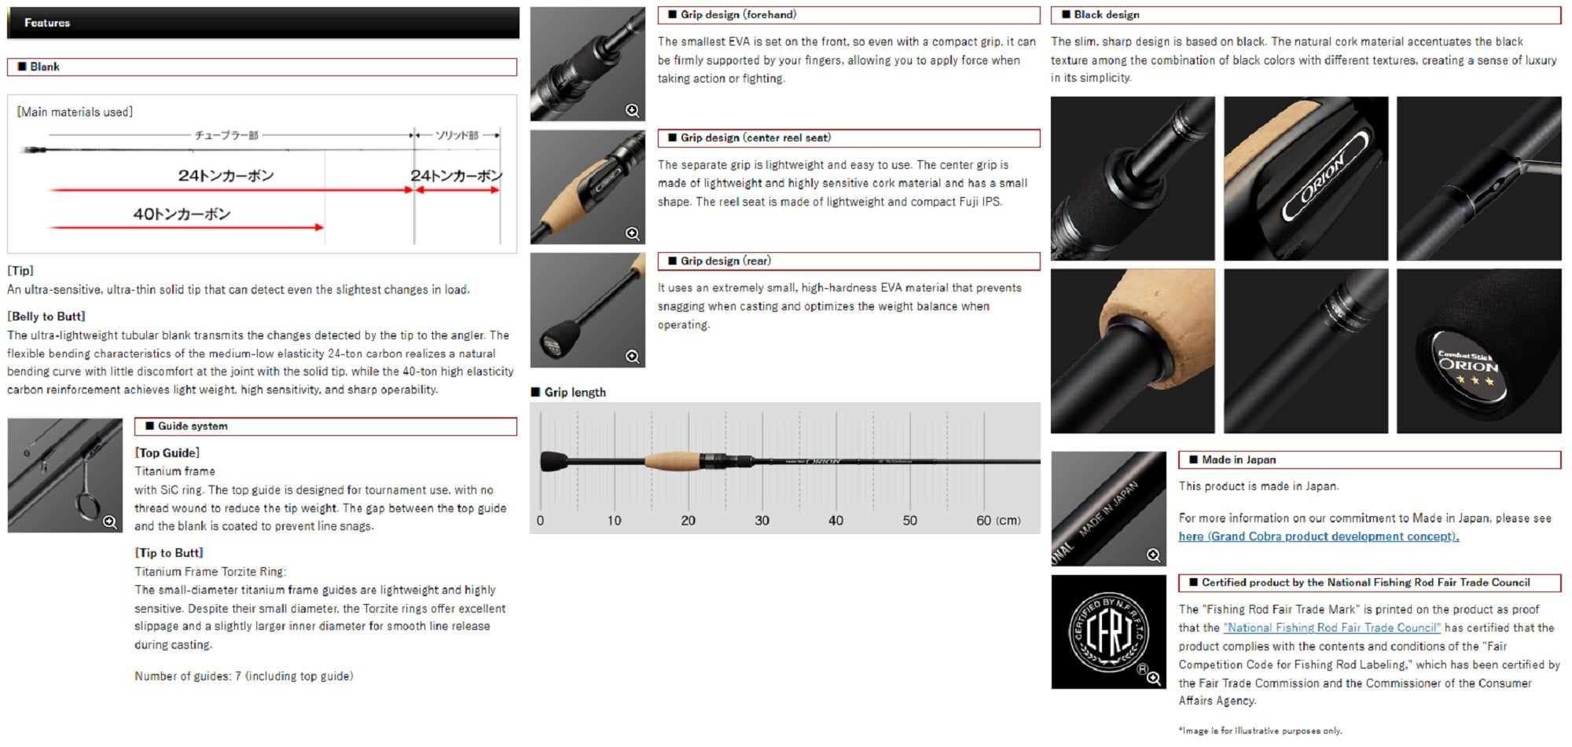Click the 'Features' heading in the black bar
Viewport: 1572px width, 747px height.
47,23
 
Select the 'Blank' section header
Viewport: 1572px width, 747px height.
45,67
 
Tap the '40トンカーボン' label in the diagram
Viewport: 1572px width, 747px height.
182,214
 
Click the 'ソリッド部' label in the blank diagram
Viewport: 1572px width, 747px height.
457,135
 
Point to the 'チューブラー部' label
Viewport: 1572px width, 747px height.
226,135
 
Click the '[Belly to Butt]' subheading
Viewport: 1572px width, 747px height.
46,317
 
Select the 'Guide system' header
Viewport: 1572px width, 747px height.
193,426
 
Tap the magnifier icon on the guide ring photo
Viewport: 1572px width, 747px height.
109,522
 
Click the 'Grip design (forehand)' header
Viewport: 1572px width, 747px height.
738,14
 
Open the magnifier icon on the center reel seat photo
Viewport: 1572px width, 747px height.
632,233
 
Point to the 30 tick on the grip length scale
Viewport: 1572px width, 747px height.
762,520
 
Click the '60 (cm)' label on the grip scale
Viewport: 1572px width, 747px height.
998,520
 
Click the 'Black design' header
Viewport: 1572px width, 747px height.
1107,14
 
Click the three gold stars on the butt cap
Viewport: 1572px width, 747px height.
1475,381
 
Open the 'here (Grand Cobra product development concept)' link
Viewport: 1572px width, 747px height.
1319,536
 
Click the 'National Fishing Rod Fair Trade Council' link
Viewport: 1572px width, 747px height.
1332,628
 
